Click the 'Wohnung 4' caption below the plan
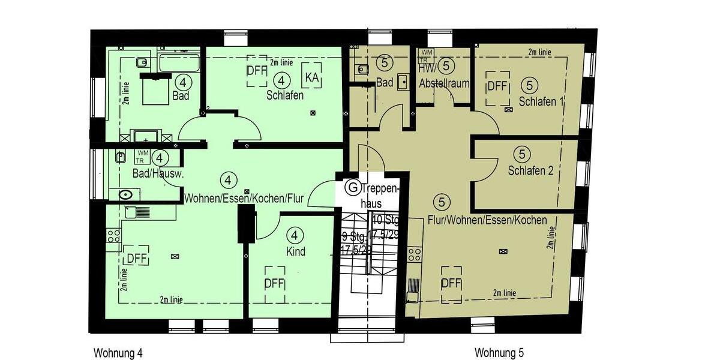click(118, 352)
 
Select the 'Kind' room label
click(296, 251)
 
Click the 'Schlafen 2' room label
click(530, 170)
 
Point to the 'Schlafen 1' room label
click(542, 101)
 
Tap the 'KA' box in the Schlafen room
click(311, 77)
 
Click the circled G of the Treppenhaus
click(353, 188)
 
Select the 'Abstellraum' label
click(445, 83)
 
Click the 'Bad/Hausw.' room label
click(158, 174)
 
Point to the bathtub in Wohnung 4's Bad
click(179, 62)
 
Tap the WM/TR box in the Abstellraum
click(425, 56)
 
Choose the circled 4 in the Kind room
click(295, 234)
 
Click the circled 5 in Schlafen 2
click(521, 154)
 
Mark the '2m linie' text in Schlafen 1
click(540, 53)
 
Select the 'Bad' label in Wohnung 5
click(384, 83)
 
